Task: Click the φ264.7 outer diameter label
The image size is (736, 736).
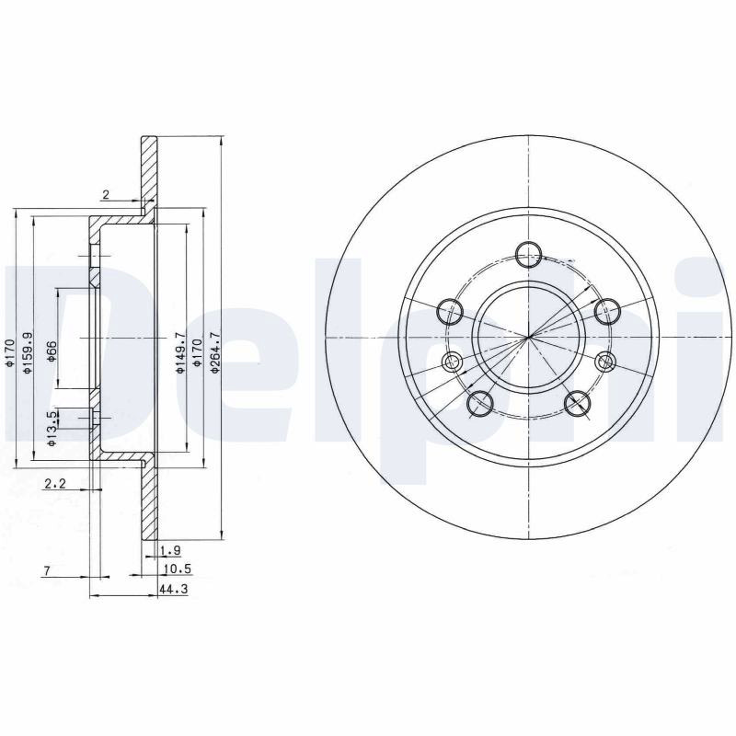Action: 216,352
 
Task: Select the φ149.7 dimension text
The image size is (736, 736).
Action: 179,352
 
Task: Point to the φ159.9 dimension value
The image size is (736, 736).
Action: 28,353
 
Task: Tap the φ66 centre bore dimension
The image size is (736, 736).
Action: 52,351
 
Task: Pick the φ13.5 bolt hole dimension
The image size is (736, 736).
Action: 52,428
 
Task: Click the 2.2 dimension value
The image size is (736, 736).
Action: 55,483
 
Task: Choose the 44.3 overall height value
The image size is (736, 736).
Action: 170,588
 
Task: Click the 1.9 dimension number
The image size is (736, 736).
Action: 170,550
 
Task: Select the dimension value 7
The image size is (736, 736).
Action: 47,571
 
